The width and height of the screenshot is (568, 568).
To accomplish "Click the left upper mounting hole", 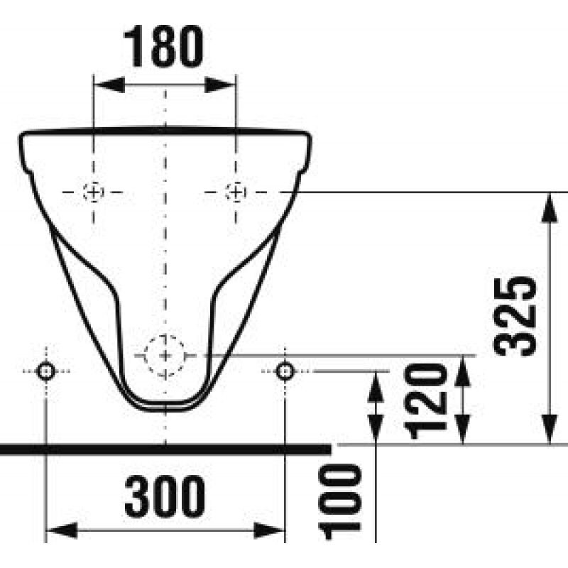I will click(93, 192).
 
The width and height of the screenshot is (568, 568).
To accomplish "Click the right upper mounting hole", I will click(235, 192).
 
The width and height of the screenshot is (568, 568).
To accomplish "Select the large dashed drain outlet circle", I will click(165, 354).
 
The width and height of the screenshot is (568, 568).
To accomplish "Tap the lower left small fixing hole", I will click(46, 371).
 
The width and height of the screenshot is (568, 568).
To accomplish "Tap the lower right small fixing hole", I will click(285, 371).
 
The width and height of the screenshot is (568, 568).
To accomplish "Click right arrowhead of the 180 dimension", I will click(224, 84).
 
